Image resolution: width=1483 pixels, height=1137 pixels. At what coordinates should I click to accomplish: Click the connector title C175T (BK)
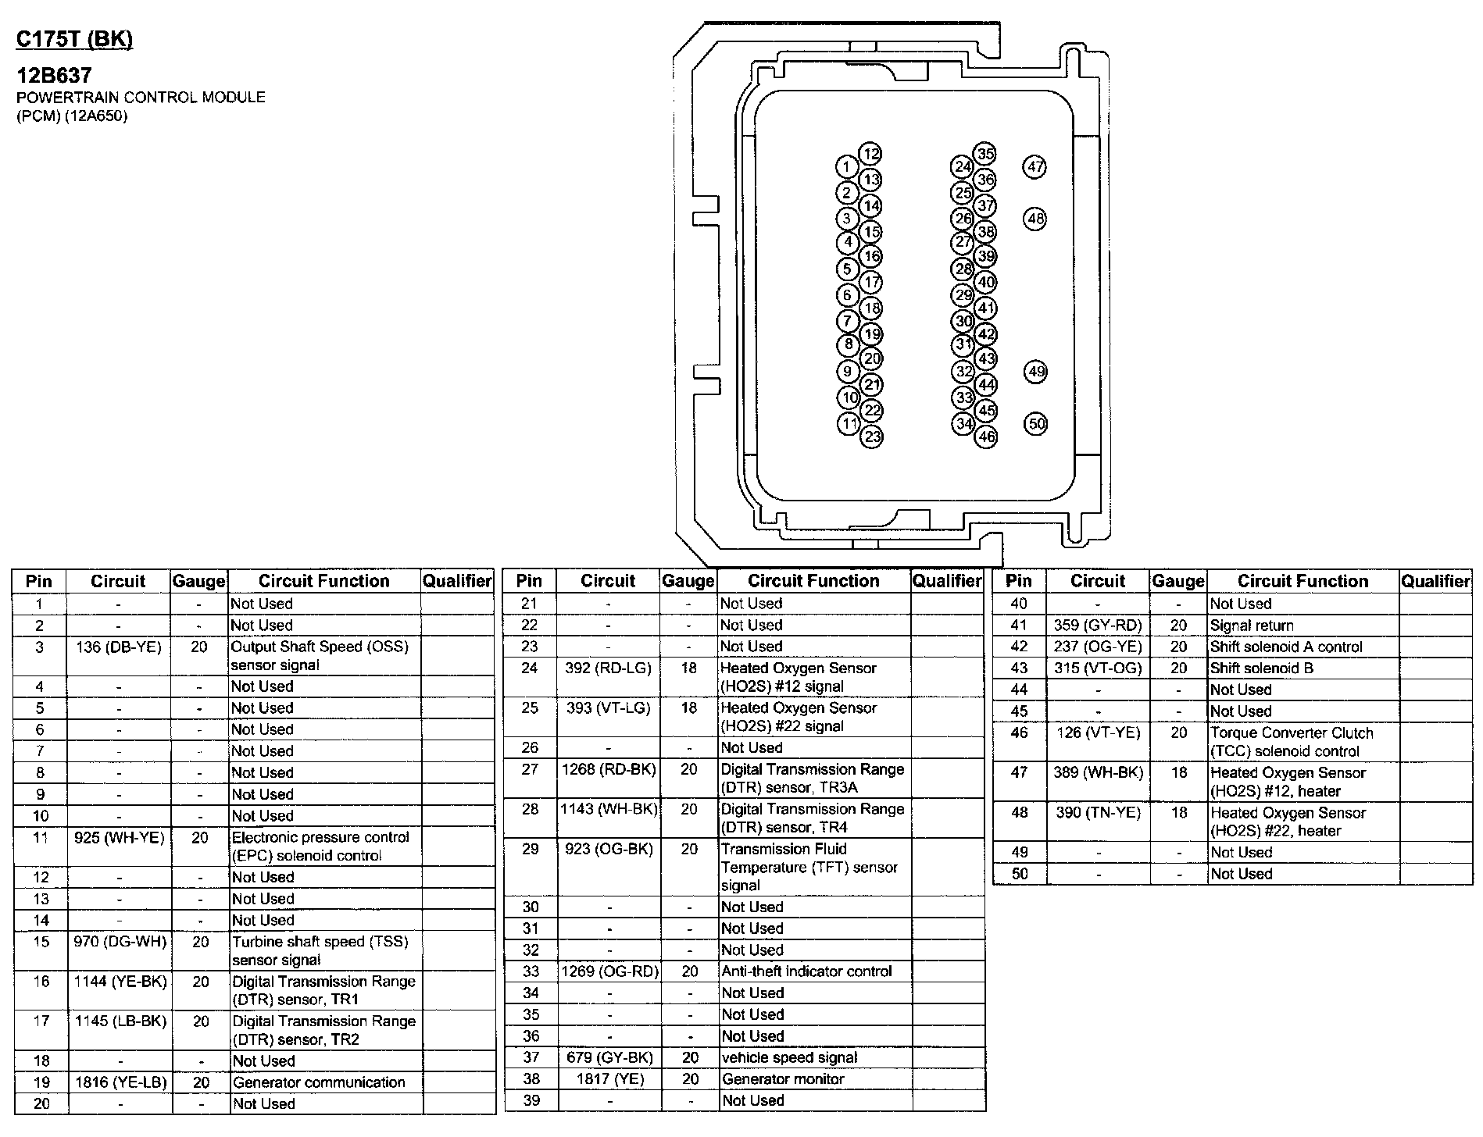pos(75,40)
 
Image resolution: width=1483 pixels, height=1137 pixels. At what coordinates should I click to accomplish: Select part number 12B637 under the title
pos(55,75)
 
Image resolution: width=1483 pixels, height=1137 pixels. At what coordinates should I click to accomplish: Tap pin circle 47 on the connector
pos(1035,166)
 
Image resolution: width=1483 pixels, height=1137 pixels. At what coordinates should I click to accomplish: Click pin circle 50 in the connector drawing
pos(1036,424)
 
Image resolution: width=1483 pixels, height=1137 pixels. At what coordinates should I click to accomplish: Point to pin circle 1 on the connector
pos(846,166)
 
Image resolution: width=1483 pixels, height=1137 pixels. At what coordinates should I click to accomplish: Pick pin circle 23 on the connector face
pos(872,437)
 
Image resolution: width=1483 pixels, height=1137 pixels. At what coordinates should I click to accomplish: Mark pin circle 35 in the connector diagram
pos(986,153)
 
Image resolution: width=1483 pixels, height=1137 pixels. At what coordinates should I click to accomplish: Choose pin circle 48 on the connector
pos(1035,219)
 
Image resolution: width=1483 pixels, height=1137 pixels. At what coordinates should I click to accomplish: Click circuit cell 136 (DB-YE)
pos(118,647)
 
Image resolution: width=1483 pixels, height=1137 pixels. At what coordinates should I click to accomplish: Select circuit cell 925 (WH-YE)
pos(120,838)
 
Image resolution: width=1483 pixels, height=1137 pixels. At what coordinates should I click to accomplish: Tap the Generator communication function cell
pos(319,1082)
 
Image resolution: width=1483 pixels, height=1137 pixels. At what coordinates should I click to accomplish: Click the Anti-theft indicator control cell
pos(806,971)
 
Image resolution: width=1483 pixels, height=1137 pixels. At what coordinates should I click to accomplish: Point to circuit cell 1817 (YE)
pos(609,1079)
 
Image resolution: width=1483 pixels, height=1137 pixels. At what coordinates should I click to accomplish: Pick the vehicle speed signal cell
pos(789,1057)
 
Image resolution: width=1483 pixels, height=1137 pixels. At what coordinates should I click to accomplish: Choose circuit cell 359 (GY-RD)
pos(1098,626)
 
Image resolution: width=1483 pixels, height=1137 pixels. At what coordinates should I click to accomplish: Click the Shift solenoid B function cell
pos(1262,668)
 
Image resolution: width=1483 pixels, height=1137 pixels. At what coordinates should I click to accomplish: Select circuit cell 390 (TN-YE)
pos(1098,813)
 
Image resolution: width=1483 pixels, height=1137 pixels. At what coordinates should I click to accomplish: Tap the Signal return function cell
pos(1252,626)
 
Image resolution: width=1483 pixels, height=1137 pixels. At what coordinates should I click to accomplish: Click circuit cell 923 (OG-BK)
pos(609,849)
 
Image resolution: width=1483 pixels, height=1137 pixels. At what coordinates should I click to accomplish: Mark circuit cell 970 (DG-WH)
pos(120,942)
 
